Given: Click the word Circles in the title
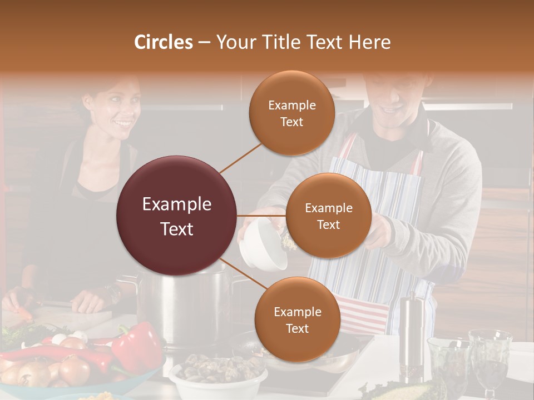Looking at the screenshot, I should coord(163,42).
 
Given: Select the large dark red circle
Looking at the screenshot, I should coord(176,216).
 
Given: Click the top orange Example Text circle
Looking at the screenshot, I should coord(291,113).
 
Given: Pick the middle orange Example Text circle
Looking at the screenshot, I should coord(328,216).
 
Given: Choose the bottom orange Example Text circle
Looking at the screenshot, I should coord(297,319).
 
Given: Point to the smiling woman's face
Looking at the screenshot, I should coord(117,109).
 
